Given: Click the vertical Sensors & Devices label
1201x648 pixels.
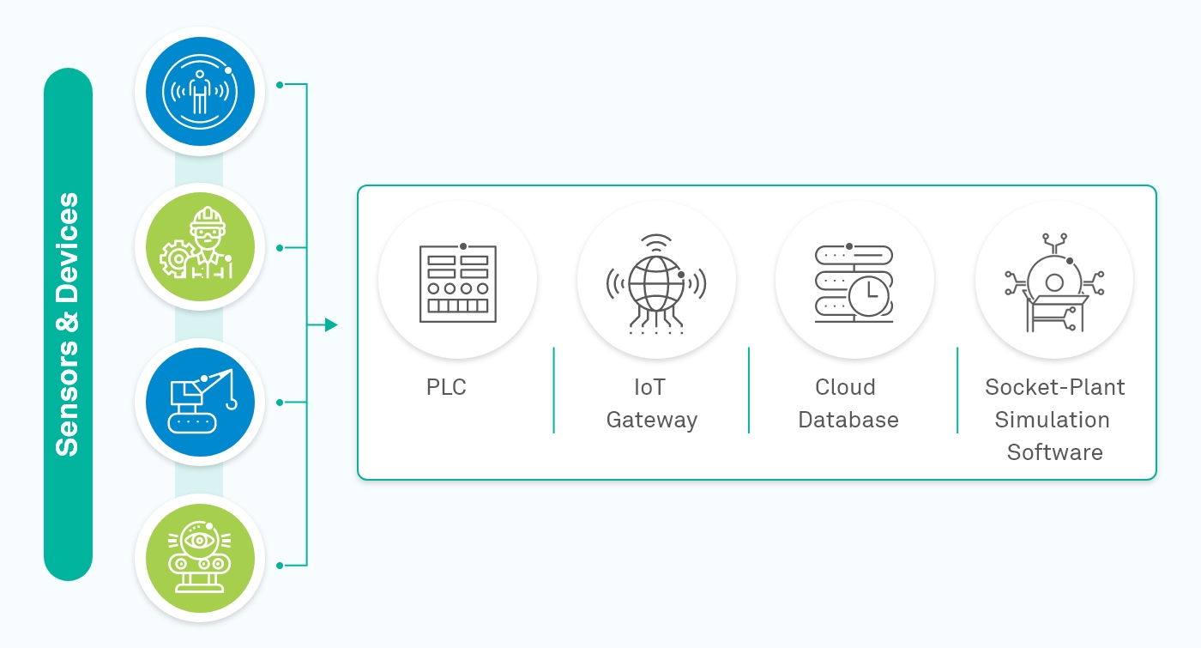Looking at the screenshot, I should click(x=68, y=324).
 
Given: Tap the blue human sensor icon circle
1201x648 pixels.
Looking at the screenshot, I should click(x=199, y=91).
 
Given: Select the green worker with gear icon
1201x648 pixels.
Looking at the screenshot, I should click(x=199, y=247).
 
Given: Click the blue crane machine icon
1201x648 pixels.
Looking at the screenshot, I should click(x=199, y=402).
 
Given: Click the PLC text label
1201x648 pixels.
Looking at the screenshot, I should click(x=446, y=387).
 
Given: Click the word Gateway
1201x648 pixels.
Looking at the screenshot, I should click(x=651, y=420).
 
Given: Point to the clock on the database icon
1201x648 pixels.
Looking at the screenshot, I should click(x=870, y=294).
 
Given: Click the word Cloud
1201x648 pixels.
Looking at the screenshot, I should click(x=845, y=387).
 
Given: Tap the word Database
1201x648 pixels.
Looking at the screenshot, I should click(x=848, y=420).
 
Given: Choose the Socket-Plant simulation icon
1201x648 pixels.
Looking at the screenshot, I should click(x=1054, y=282).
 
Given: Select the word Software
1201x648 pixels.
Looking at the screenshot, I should click(x=1054, y=452).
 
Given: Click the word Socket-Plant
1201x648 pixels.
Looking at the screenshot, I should click(x=1054, y=387).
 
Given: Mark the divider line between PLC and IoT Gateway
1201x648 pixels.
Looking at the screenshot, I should click(x=554, y=391).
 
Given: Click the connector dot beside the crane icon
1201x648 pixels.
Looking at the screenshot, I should click(x=280, y=402).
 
